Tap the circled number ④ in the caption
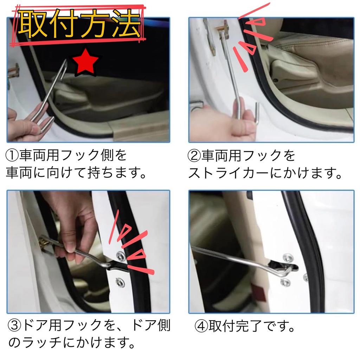(201, 327)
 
